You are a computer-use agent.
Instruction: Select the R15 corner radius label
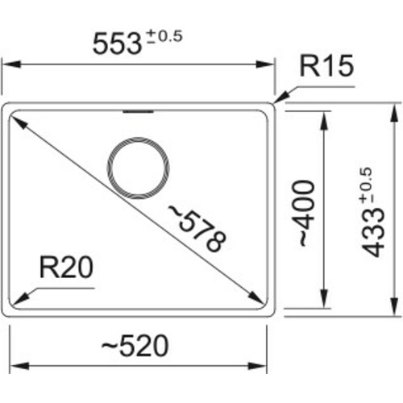[x=326, y=68]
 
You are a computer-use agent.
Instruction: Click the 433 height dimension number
[x=372, y=231]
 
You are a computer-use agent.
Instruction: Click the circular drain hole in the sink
[x=139, y=169]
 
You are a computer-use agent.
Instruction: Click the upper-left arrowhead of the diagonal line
[x=15, y=118]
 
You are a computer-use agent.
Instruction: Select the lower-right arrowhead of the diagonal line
[x=260, y=299]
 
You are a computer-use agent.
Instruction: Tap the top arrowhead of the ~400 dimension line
[x=324, y=117]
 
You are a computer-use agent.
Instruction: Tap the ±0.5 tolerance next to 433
[x=367, y=183]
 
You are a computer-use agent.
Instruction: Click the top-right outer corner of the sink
[x=274, y=105]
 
